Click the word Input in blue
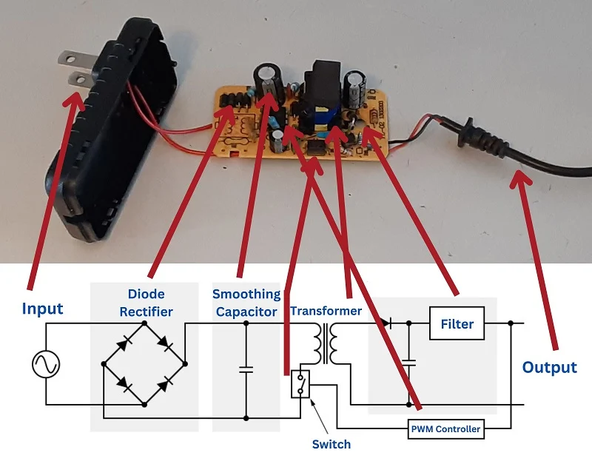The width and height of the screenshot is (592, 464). tap(43, 308)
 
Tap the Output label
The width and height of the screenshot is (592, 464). tap(549, 367)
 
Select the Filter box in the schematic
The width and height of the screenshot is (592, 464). tap(457, 324)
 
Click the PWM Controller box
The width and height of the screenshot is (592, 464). tap(446, 428)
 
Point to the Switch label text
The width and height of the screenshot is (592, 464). tap(331, 444)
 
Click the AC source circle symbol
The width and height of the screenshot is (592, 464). tap(45, 364)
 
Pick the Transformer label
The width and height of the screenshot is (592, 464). tap(326, 311)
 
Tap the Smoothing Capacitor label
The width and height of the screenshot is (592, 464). tap(246, 303)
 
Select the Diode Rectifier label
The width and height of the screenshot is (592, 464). tap(146, 303)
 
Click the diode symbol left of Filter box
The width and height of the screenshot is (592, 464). tap(385, 323)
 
